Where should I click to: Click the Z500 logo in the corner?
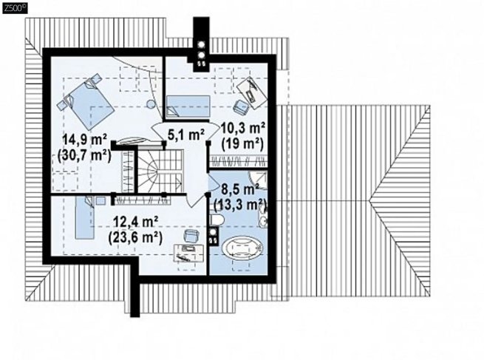pyautogui.click(x=15, y=9)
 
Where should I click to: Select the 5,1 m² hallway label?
pyautogui.click(x=185, y=135)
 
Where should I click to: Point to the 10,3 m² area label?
pyautogui.click(x=242, y=127)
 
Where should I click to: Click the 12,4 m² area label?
pyautogui.click(x=136, y=222)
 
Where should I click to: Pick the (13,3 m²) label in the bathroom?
pyautogui.click(x=240, y=204)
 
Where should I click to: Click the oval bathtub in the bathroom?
pyautogui.click(x=243, y=247)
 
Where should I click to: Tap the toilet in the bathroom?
pyautogui.click(x=217, y=220)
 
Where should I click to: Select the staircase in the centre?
pyautogui.click(x=160, y=171)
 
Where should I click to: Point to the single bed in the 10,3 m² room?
pyautogui.click(x=188, y=106)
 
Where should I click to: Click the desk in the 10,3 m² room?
pyautogui.click(x=252, y=92)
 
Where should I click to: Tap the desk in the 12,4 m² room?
pyautogui.click(x=189, y=253)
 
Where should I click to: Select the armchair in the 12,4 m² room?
pyautogui.click(x=191, y=237)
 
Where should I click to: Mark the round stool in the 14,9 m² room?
pyautogui.click(x=150, y=104)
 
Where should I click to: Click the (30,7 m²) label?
pyautogui.click(x=84, y=154)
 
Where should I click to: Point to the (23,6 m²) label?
pyautogui.click(x=135, y=238)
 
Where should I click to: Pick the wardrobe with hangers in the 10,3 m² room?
pyautogui.click(x=238, y=161)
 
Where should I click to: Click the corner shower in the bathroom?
pyautogui.click(x=259, y=179)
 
